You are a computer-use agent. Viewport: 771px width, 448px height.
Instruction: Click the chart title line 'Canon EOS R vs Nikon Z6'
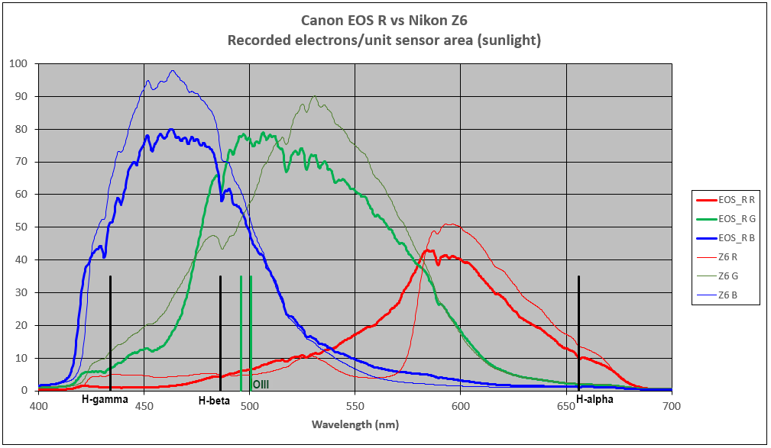(x=384, y=21)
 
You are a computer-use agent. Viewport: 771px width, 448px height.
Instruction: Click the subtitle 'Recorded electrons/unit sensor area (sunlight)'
(x=384, y=40)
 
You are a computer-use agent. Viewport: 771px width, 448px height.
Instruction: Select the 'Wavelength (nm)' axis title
(x=355, y=424)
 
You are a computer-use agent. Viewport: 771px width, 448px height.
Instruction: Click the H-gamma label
(x=105, y=399)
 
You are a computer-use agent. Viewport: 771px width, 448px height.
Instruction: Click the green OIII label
(x=261, y=384)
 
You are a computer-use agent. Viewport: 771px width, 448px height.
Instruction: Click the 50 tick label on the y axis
(x=22, y=227)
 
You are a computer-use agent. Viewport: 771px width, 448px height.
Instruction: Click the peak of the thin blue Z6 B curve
(x=173, y=71)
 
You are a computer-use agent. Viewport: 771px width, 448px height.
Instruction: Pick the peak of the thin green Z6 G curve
(x=315, y=96)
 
